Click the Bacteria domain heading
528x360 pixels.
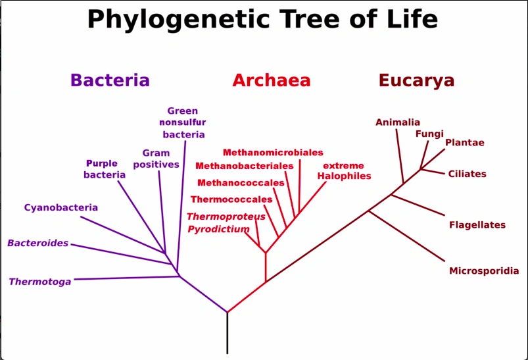pos(110,80)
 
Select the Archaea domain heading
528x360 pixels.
pos(271,81)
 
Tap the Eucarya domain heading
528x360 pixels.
pos(416,81)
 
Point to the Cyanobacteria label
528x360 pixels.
pos(61,208)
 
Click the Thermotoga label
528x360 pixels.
pos(40,282)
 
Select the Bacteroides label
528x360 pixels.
pos(38,243)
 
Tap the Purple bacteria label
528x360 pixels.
pos(104,169)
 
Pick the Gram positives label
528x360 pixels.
pos(156,159)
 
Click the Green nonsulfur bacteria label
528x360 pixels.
pos(183,122)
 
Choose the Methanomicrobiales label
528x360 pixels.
pos(273,153)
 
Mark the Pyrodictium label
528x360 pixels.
pos(218,229)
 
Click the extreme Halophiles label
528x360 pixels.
pos(344,171)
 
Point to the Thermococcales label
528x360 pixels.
pos(231,199)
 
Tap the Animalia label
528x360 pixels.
pos(398,122)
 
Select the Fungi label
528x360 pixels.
pos(429,134)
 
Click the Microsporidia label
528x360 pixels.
pos(484,270)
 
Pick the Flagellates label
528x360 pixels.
pos(477,225)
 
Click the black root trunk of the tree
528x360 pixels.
pos(228,333)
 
